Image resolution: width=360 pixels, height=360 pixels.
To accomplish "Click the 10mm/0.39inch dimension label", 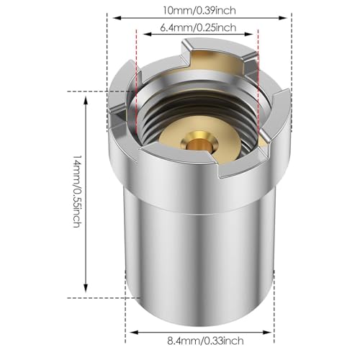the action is point(199,10).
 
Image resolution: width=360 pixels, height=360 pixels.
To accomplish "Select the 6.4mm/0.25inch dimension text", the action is point(198,27).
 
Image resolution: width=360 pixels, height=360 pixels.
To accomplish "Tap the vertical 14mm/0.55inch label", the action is point(78,191).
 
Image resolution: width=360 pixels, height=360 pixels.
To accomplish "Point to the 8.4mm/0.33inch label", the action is point(205,341).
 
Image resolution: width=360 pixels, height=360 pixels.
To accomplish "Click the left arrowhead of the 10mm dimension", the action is point(116,18).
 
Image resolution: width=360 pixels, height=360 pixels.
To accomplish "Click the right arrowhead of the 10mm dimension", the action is point(283,18).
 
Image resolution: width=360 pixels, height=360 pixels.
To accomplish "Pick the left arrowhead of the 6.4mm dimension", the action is point(147,34).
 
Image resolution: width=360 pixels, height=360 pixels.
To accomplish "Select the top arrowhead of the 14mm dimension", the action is point(86,100).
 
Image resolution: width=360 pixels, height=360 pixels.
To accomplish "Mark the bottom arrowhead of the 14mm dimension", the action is point(86,288).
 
